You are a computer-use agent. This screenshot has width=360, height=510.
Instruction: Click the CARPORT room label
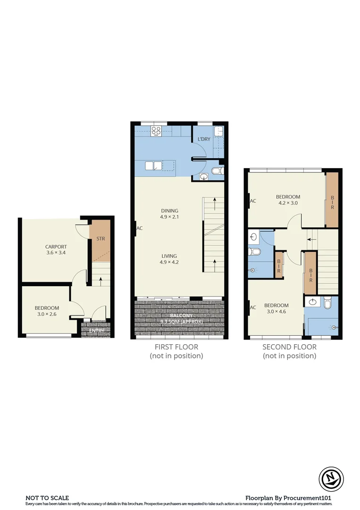click(56, 246)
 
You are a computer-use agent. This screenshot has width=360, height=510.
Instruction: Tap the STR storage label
click(100, 238)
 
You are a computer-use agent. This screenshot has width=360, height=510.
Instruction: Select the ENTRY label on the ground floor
click(97, 331)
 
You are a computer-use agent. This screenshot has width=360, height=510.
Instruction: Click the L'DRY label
click(204, 139)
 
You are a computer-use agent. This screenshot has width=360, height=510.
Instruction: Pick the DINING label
click(169, 211)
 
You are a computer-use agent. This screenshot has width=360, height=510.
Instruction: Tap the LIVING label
click(169, 255)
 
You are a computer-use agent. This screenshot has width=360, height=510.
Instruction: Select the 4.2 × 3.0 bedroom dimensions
click(287, 203)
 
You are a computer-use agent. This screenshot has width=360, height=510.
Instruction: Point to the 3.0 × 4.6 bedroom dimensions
click(276, 311)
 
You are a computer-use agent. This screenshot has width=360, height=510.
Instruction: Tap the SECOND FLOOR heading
click(289, 347)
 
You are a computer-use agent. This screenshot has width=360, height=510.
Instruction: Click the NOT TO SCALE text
click(47, 498)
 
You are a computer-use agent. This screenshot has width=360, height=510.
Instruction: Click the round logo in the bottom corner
click(331, 478)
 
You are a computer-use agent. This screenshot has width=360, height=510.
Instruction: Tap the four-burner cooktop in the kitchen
click(156, 132)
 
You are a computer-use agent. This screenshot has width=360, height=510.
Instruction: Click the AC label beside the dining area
click(139, 228)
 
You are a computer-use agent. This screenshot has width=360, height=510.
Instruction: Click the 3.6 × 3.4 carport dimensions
click(56, 253)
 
